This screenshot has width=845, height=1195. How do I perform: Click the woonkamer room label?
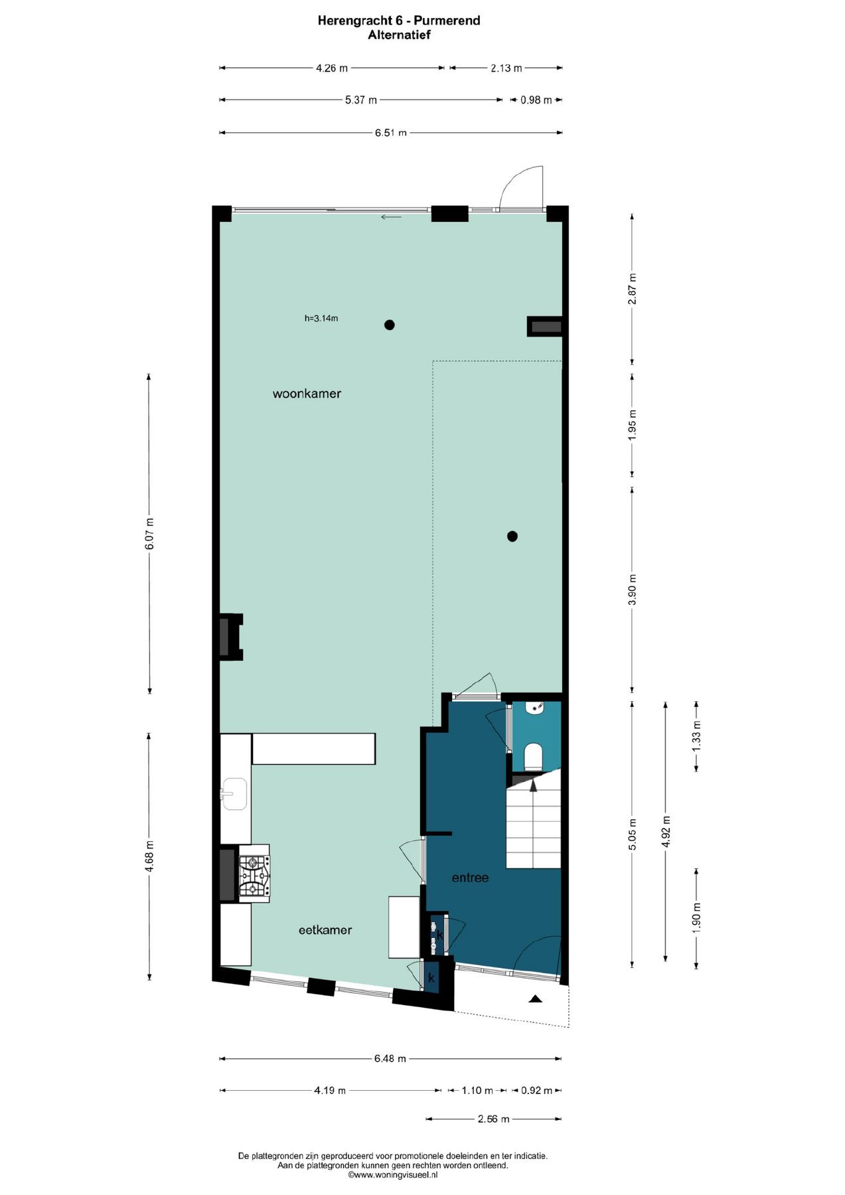point(307,394)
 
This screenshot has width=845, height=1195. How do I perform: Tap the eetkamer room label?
point(325,930)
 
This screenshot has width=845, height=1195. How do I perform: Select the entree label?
point(470,878)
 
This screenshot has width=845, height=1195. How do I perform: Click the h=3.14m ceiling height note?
point(321,318)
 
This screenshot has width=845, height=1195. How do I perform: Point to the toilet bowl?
point(534,755)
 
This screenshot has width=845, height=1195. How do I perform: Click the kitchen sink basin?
point(234,794)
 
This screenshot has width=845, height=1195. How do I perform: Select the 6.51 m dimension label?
point(391,133)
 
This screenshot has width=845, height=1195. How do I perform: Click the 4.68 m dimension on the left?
point(150,856)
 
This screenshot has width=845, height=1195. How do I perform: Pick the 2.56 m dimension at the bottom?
point(494,1119)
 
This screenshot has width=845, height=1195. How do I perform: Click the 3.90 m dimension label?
point(633,590)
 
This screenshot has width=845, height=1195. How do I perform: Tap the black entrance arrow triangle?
point(536,998)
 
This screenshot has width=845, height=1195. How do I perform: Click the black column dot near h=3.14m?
point(390,325)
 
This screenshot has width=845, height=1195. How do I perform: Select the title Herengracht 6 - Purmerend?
point(399,21)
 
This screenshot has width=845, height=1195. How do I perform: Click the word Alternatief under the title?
point(400,35)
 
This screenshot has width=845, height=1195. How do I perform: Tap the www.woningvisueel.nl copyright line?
point(393,1174)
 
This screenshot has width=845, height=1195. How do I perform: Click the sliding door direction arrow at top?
point(391,217)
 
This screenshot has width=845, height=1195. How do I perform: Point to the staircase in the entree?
point(534,823)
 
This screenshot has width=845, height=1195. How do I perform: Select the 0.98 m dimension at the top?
point(536,100)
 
